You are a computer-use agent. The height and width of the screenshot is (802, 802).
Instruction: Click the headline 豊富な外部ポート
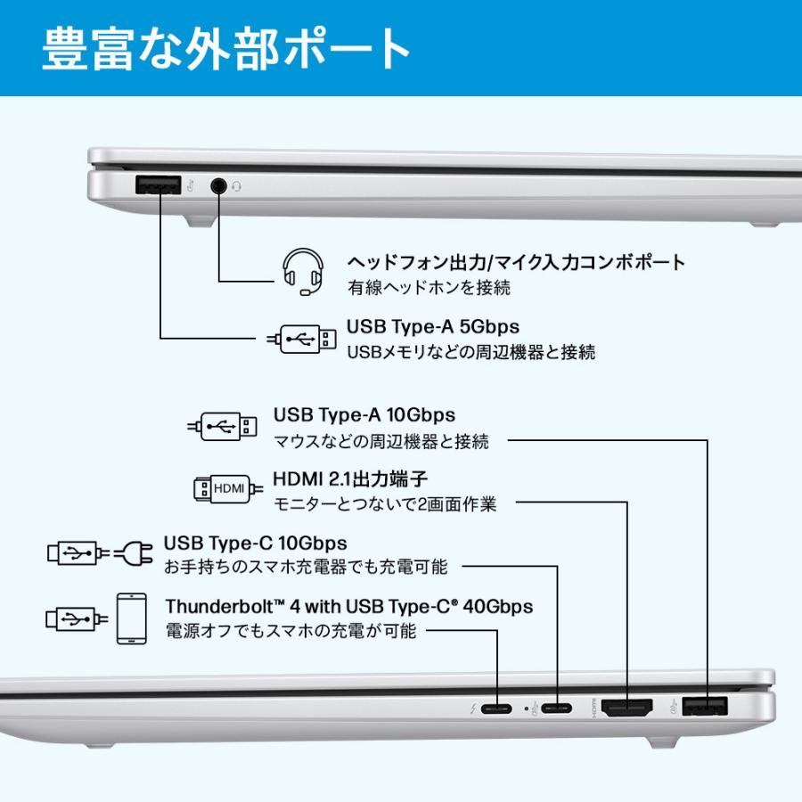(226, 48)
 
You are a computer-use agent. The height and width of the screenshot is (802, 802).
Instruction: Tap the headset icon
(300, 271)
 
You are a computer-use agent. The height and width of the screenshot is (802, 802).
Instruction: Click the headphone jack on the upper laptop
(219, 185)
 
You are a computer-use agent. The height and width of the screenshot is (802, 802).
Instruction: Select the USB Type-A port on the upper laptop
(159, 185)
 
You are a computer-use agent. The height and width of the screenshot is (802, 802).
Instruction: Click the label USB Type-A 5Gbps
(432, 326)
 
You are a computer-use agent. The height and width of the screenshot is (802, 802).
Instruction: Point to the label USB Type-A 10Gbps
(364, 415)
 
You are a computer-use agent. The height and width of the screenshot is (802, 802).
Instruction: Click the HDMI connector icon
(228, 487)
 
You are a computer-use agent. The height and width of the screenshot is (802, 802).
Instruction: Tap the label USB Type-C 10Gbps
(255, 543)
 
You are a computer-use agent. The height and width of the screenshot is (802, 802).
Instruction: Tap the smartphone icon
(131, 618)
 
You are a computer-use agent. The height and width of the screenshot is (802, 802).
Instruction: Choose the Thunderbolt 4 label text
(348, 607)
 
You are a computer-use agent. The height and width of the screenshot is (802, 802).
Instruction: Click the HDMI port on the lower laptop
(628, 708)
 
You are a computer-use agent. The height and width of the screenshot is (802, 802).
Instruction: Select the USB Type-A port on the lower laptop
(706, 708)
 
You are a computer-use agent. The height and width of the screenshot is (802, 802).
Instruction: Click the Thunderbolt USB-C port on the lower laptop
(496, 710)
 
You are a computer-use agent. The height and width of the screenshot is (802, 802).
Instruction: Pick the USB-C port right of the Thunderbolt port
(558, 710)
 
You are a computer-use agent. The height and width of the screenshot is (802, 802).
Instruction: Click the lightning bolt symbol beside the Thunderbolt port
(472, 710)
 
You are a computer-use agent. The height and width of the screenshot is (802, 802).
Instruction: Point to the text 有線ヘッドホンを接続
(428, 288)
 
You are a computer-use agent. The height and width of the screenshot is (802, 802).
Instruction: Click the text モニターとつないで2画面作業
(384, 504)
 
